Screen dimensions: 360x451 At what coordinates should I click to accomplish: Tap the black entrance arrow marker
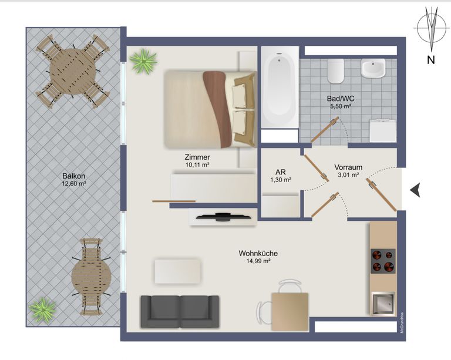tap(415, 189)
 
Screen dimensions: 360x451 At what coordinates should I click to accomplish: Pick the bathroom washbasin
tap(373, 69)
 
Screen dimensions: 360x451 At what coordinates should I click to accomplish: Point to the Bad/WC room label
tap(340, 99)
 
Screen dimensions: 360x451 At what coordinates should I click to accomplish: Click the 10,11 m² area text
tap(197, 166)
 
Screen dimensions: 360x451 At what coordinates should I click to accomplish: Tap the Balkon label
tap(74, 175)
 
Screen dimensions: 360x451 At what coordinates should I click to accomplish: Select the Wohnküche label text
tap(258, 253)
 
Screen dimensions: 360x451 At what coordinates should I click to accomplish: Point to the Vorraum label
tap(348, 167)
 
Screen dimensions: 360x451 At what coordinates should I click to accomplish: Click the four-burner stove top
tap(382, 261)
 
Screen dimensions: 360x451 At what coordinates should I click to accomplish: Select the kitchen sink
tap(382, 302)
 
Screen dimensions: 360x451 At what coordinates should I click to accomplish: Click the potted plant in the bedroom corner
tap(143, 61)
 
